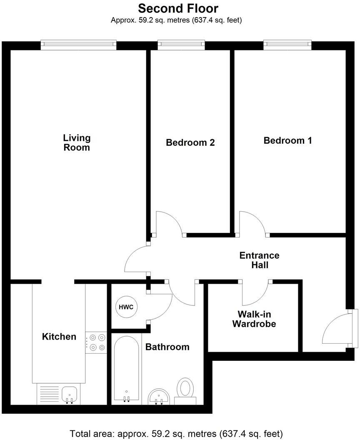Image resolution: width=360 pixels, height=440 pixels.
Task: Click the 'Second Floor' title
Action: pyautogui.click(x=178, y=8)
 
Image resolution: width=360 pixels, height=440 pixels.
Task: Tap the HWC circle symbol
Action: pyautogui.click(x=126, y=307)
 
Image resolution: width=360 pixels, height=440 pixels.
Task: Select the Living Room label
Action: pyautogui.click(x=77, y=142)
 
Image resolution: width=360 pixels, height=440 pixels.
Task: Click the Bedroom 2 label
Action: pyautogui.click(x=190, y=142)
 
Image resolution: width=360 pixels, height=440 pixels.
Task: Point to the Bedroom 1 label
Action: pyautogui.click(x=287, y=140)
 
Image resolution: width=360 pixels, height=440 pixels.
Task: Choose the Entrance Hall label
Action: pyautogui.click(x=259, y=260)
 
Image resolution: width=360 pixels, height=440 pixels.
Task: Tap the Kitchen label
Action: pyautogui.click(x=59, y=337)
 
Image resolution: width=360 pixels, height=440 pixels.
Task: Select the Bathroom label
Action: pyautogui.click(x=167, y=347)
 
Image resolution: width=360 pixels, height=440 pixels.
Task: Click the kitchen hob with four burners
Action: pyautogui.click(x=96, y=342)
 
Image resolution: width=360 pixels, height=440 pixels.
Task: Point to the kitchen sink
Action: pyautogui.click(x=69, y=393)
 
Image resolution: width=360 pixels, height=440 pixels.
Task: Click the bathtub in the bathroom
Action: pyautogui.click(x=126, y=369)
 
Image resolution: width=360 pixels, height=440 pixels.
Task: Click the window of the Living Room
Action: pyautogui.click(x=78, y=45)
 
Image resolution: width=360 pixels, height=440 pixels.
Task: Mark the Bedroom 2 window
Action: pyautogui.click(x=181, y=45)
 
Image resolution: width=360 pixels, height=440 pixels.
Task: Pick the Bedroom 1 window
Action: pyautogui.click(x=287, y=45)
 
